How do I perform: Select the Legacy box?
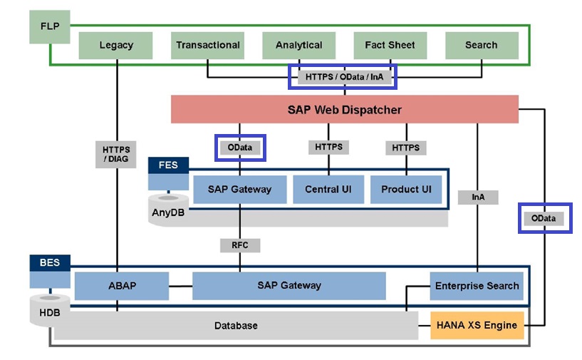pyautogui.click(x=116, y=45)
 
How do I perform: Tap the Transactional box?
pyautogui.click(x=208, y=45)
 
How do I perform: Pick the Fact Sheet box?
pyautogui.click(x=390, y=45)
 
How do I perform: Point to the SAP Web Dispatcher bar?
pyautogui.click(x=344, y=110)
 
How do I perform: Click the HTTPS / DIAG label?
pyautogui.click(x=115, y=153)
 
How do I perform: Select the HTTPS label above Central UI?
pyautogui.click(x=328, y=147)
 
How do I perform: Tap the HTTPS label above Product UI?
pyautogui.click(x=406, y=148)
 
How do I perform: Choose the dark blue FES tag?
pyautogui.click(x=168, y=166)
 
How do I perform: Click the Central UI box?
pyautogui.click(x=328, y=190)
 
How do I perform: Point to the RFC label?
pyautogui.click(x=239, y=245)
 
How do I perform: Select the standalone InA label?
pyautogui.click(x=477, y=197)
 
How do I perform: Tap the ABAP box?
pyautogui.click(x=122, y=286)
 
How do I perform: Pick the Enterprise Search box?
pyautogui.click(x=477, y=286)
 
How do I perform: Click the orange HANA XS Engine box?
pyautogui.click(x=477, y=325)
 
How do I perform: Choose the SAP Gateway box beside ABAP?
pyautogui.click(x=289, y=286)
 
